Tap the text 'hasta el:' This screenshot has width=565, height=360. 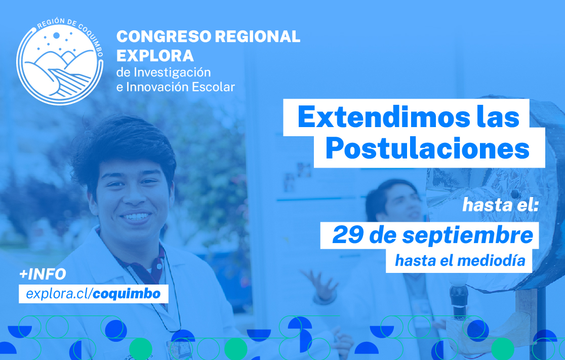click(494, 206)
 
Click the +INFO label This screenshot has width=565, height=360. click(43, 274)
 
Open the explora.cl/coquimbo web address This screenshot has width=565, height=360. click(93, 293)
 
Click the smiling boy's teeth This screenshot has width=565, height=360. click(136, 217)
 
